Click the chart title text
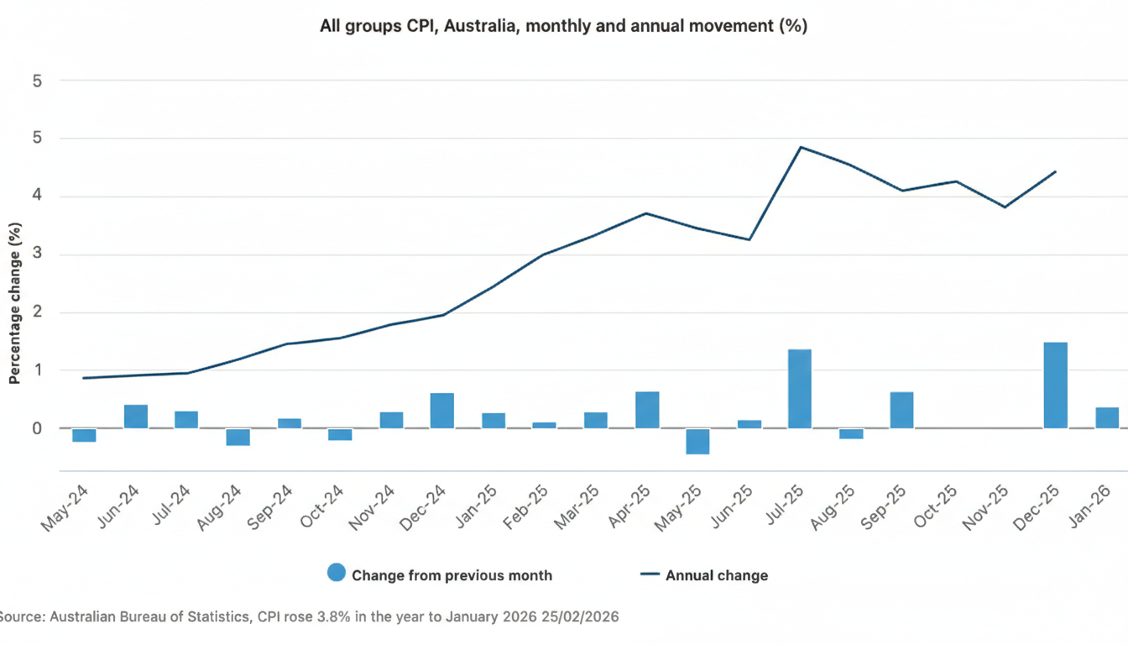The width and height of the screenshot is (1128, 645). (x=563, y=26)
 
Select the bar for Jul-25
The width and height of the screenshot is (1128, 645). (x=799, y=389)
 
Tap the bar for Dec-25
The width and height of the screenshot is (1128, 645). (x=1055, y=385)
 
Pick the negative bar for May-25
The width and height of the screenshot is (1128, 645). (x=697, y=441)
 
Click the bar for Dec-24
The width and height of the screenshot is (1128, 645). (x=441, y=411)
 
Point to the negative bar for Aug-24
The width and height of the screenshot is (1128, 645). (x=238, y=437)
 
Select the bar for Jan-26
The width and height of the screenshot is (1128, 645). (x=1106, y=417)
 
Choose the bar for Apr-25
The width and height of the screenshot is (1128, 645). (x=647, y=410)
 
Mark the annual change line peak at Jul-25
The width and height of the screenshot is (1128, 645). (x=801, y=147)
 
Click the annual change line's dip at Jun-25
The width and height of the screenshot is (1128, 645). (x=749, y=239)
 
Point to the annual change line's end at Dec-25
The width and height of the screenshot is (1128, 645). (x=1055, y=171)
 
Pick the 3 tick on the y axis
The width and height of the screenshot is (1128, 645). (x=37, y=254)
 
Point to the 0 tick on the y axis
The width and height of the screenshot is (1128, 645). (x=37, y=428)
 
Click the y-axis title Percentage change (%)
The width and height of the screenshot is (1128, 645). (x=14, y=303)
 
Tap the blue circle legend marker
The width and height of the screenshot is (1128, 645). (x=336, y=574)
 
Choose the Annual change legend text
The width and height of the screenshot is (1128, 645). (x=716, y=575)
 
